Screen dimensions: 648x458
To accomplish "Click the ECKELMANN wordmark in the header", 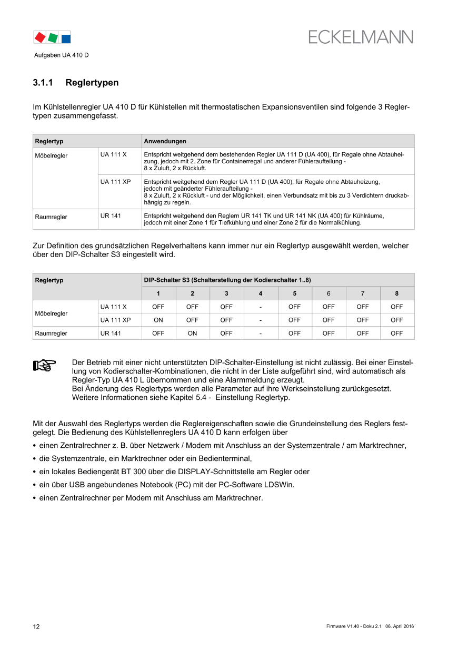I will [361, 37].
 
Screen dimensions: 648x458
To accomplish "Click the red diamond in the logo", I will [39, 37].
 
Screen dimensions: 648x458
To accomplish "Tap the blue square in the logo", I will [66, 38].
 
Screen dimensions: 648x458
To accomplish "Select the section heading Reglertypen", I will [92, 83].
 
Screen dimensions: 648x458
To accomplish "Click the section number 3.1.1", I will [43, 83].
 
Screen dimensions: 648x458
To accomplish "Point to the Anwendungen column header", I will [165, 141].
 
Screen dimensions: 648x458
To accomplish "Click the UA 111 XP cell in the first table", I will [116, 182].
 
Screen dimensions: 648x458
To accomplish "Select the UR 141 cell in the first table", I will [111, 216].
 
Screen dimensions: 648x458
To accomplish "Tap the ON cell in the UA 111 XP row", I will [158, 320].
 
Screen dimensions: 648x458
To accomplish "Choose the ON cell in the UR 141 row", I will [192, 333].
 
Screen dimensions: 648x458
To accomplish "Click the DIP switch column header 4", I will [260, 293].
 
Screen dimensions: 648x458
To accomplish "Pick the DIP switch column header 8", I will [397, 293].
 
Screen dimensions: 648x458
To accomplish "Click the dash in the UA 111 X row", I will [260, 307].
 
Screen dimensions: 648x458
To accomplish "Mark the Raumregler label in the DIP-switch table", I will [51, 333].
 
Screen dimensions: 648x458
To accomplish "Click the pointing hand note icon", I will [45, 365].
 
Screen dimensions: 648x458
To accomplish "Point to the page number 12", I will [36, 626].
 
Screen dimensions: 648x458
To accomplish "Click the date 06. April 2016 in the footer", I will [400, 626].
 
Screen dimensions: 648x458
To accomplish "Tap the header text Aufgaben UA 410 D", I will [62, 55].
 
